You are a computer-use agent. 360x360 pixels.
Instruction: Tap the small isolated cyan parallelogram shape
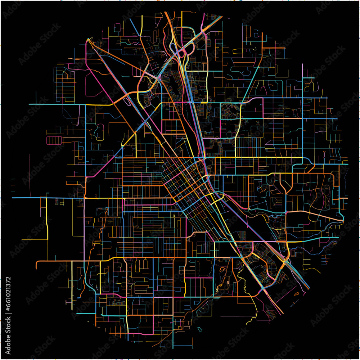pos(200,329)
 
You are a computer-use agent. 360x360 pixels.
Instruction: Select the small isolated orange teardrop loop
pos(296,294)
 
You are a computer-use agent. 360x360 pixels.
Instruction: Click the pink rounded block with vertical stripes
pos(54,140)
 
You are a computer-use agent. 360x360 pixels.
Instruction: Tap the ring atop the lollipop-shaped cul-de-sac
pos(324,153)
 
